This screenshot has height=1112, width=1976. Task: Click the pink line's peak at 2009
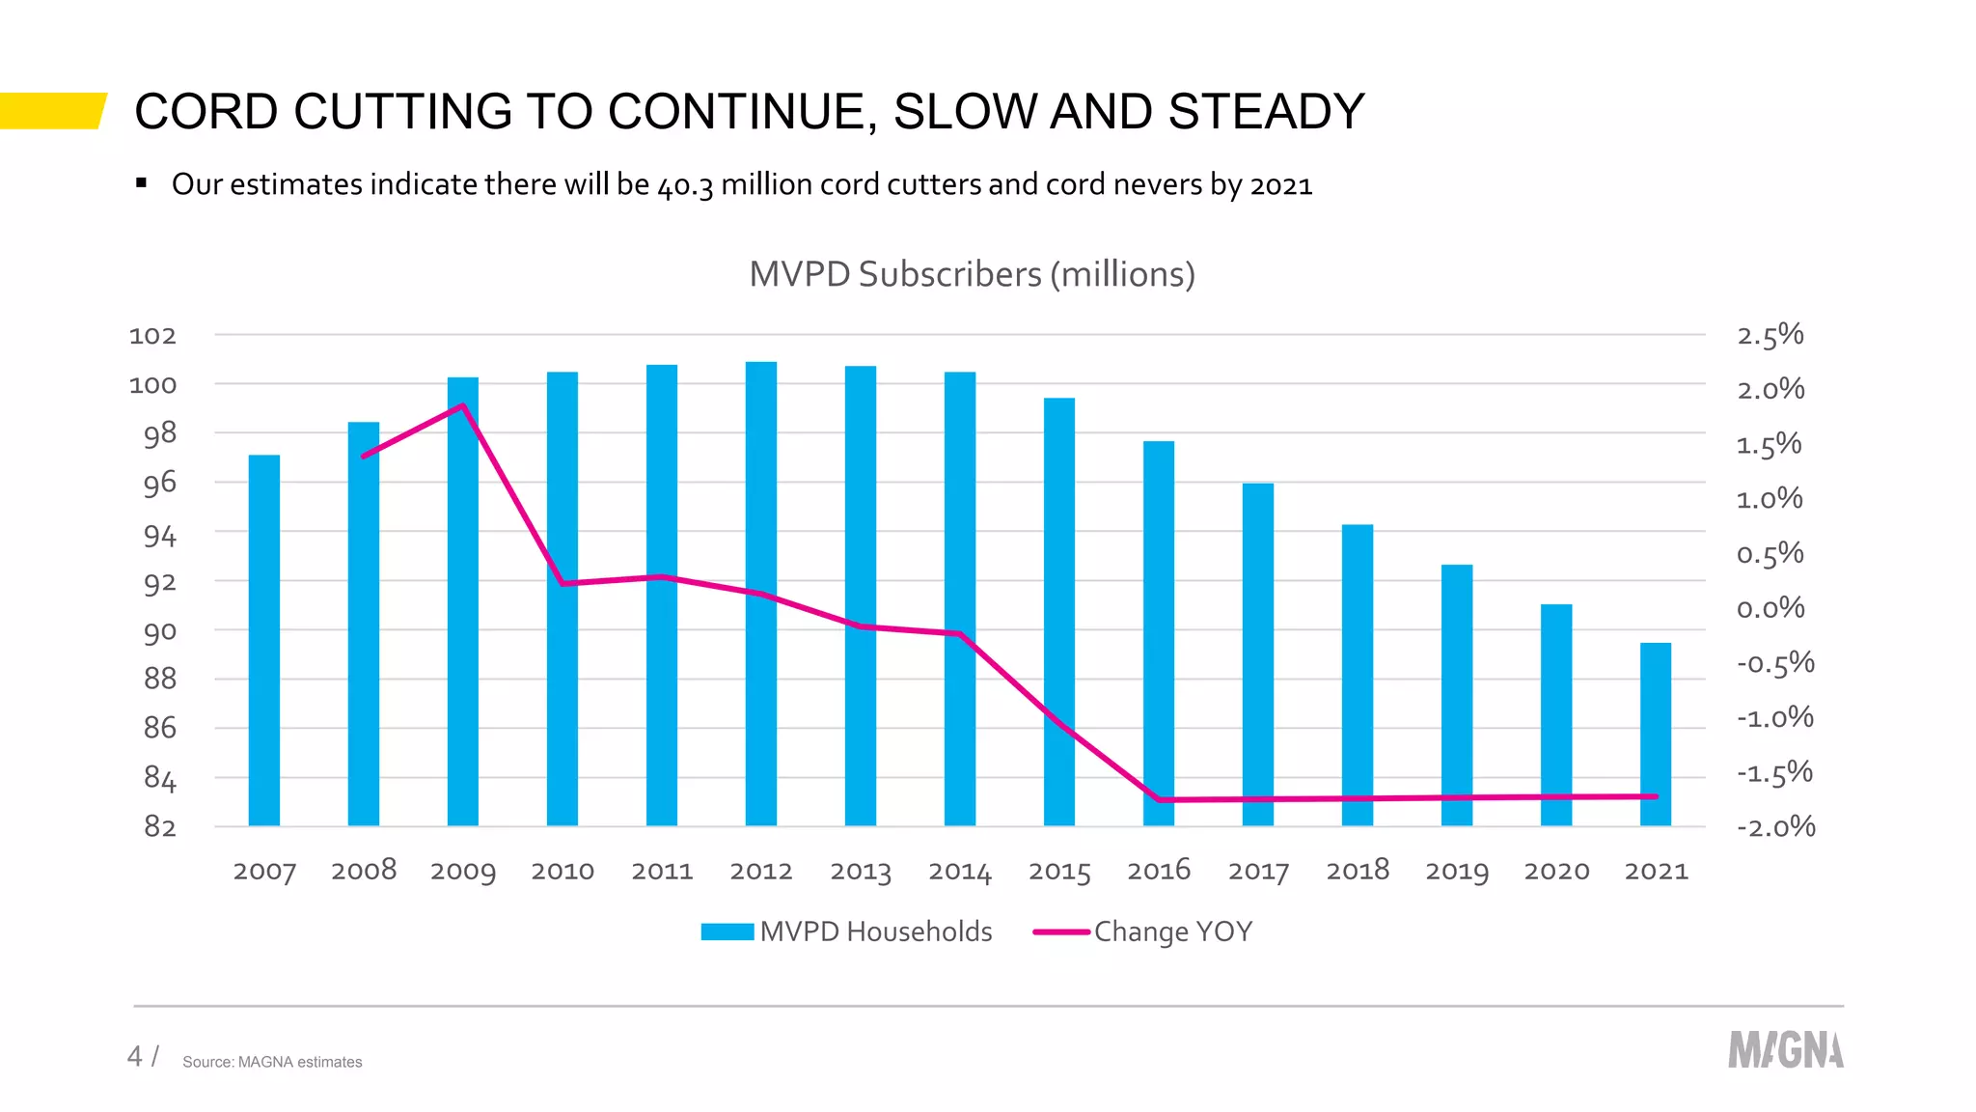pyautogui.click(x=463, y=406)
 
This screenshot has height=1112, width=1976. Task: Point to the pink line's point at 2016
pyautogui.click(x=1159, y=799)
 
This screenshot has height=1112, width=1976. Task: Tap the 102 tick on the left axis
pyautogui.click(x=152, y=336)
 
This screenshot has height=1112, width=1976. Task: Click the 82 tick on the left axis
pyautogui.click(x=159, y=827)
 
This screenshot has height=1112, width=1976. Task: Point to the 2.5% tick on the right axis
pyautogui.click(x=1770, y=336)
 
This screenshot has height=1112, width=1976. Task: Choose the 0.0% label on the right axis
pyautogui.click(x=1770, y=608)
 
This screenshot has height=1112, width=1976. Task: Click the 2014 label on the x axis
pyautogui.click(x=959, y=872)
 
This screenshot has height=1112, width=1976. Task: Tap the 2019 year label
pyautogui.click(x=1456, y=872)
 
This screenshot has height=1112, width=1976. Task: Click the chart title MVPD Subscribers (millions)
pyautogui.click(x=972, y=275)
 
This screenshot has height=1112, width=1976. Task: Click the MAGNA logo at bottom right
pyautogui.click(x=1785, y=1050)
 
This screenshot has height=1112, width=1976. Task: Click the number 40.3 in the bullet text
pyautogui.click(x=685, y=185)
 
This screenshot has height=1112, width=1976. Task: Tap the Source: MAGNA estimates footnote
pyautogui.click(x=272, y=1062)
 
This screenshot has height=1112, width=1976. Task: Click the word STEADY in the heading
pyautogui.click(x=1266, y=112)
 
